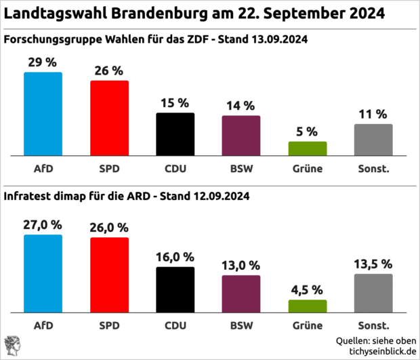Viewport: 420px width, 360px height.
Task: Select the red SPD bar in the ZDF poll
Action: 109,118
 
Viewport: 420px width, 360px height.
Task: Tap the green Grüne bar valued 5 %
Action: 308,148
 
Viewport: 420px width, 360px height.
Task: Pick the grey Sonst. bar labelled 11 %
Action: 373,140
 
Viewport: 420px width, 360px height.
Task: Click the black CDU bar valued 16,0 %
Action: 175,289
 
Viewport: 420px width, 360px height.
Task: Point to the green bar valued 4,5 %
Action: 308,306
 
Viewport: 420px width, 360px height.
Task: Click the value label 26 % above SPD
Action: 109,71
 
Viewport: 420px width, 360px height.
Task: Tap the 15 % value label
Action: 175,103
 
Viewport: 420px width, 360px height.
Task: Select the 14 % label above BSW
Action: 241,106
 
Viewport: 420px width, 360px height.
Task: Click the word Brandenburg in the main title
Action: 175,13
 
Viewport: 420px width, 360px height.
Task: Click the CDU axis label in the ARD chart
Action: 175,325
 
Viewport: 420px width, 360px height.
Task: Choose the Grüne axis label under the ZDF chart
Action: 308,167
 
